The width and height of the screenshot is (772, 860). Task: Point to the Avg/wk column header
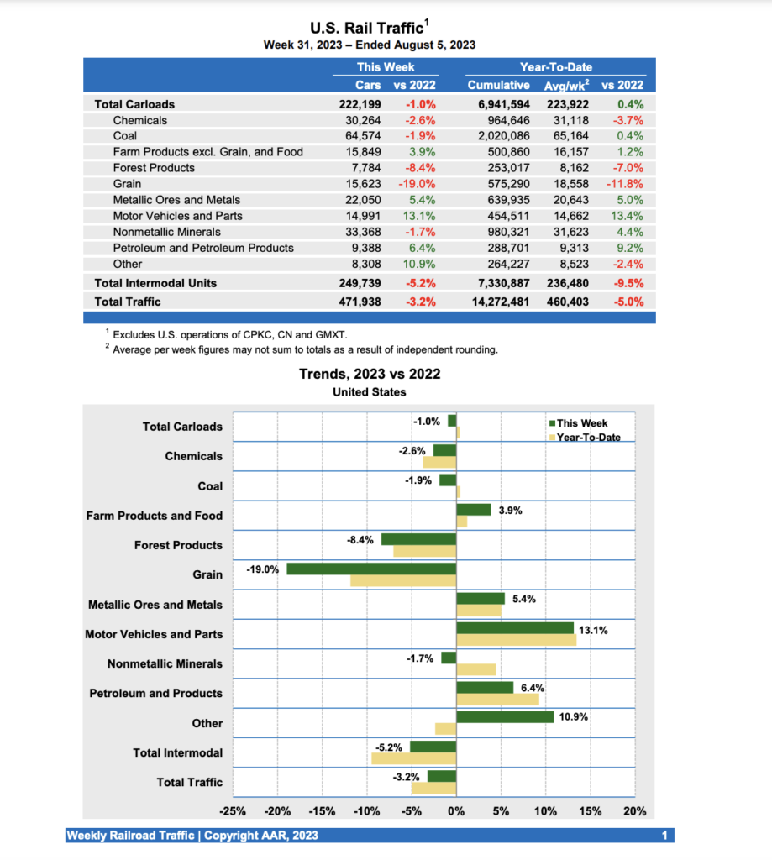(564, 85)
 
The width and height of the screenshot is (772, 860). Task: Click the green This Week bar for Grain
(371, 569)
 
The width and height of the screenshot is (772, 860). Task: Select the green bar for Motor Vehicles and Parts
(514, 628)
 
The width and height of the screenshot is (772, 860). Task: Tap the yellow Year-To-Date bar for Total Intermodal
(413, 758)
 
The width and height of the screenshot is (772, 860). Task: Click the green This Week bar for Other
(505, 717)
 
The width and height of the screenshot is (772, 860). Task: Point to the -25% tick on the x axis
(233, 811)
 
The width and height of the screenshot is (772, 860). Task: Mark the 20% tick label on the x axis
(635, 811)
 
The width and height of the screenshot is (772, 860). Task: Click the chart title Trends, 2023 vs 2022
(370, 375)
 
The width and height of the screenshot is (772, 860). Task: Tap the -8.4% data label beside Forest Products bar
(360, 539)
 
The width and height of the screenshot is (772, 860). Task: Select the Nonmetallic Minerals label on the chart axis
(165, 664)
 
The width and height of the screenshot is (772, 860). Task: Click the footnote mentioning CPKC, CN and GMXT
(230, 335)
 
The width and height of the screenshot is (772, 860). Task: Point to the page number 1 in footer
(664, 836)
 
